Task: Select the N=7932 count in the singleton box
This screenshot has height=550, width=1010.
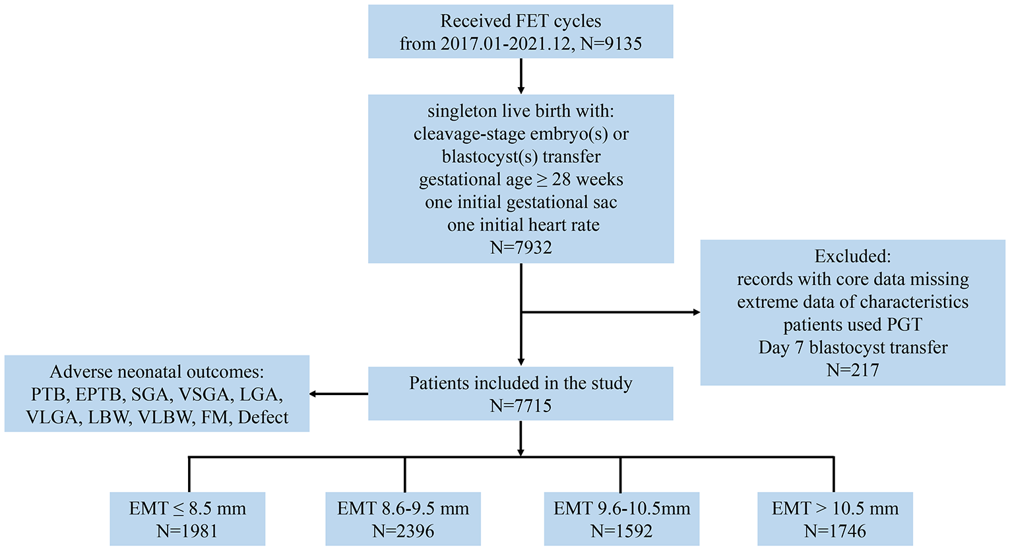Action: point(521,248)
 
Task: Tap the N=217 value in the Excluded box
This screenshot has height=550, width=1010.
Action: point(852,370)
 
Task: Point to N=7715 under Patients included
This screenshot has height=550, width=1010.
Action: point(521,406)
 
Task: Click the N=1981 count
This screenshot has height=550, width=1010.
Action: point(187,531)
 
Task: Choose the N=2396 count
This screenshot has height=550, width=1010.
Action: point(403,531)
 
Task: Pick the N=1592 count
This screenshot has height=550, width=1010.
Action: point(621,531)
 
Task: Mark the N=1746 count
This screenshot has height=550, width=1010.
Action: point(835,531)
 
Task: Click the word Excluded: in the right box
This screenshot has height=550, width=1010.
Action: point(852,256)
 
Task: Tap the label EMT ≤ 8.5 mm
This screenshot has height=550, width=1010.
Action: point(187,508)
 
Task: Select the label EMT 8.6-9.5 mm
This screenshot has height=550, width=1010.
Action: point(403,508)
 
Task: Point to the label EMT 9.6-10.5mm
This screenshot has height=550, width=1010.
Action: point(621,508)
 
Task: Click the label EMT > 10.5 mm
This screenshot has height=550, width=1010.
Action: point(835,508)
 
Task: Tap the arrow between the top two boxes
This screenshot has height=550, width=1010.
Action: point(521,76)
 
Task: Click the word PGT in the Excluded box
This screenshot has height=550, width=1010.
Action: point(902,324)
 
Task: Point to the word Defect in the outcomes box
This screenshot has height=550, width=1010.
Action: point(263,417)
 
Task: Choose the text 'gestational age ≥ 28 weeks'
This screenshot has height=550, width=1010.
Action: point(521,179)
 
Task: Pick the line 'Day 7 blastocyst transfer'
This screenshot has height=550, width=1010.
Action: point(852,348)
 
